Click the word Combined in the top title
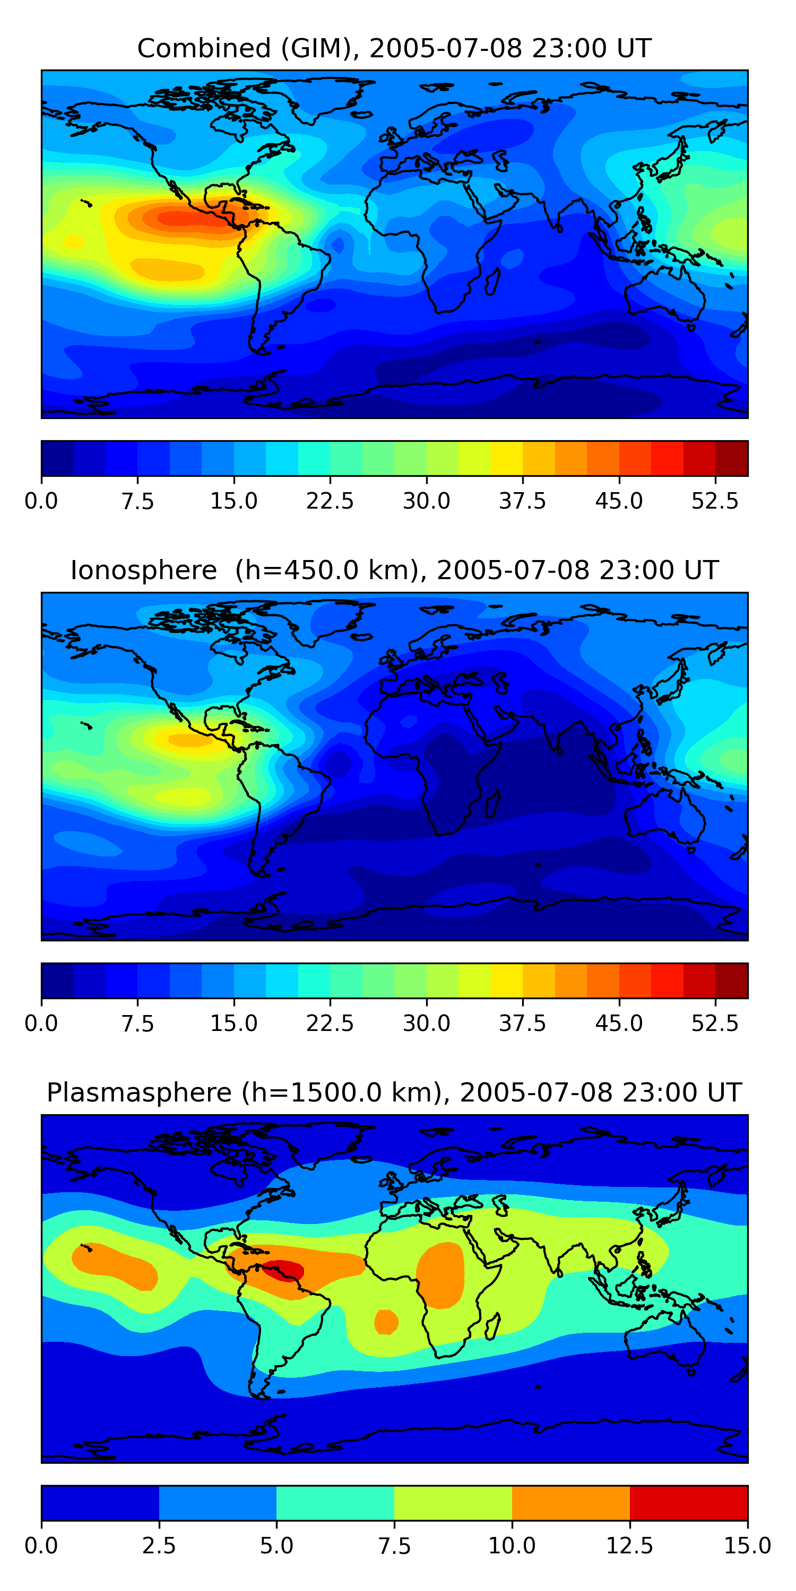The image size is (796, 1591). [203, 49]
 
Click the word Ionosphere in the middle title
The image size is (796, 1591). [143, 571]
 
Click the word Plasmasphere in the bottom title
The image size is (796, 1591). [139, 1092]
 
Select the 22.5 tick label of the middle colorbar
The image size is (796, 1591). [330, 1024]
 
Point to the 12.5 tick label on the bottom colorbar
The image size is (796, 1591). [629, 1546]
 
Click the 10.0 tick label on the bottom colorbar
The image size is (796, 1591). [512, 1546]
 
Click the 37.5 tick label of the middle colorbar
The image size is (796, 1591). [522, 1024]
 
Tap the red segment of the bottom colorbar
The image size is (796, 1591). [688, 1502]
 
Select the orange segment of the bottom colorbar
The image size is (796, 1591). [570, 1502]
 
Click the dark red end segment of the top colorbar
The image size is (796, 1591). [732, 458]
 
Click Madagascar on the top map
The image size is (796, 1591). [492, 281]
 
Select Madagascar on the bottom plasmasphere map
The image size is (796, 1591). [492, 1326]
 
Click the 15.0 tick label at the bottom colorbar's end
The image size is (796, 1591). [747, 1546]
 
